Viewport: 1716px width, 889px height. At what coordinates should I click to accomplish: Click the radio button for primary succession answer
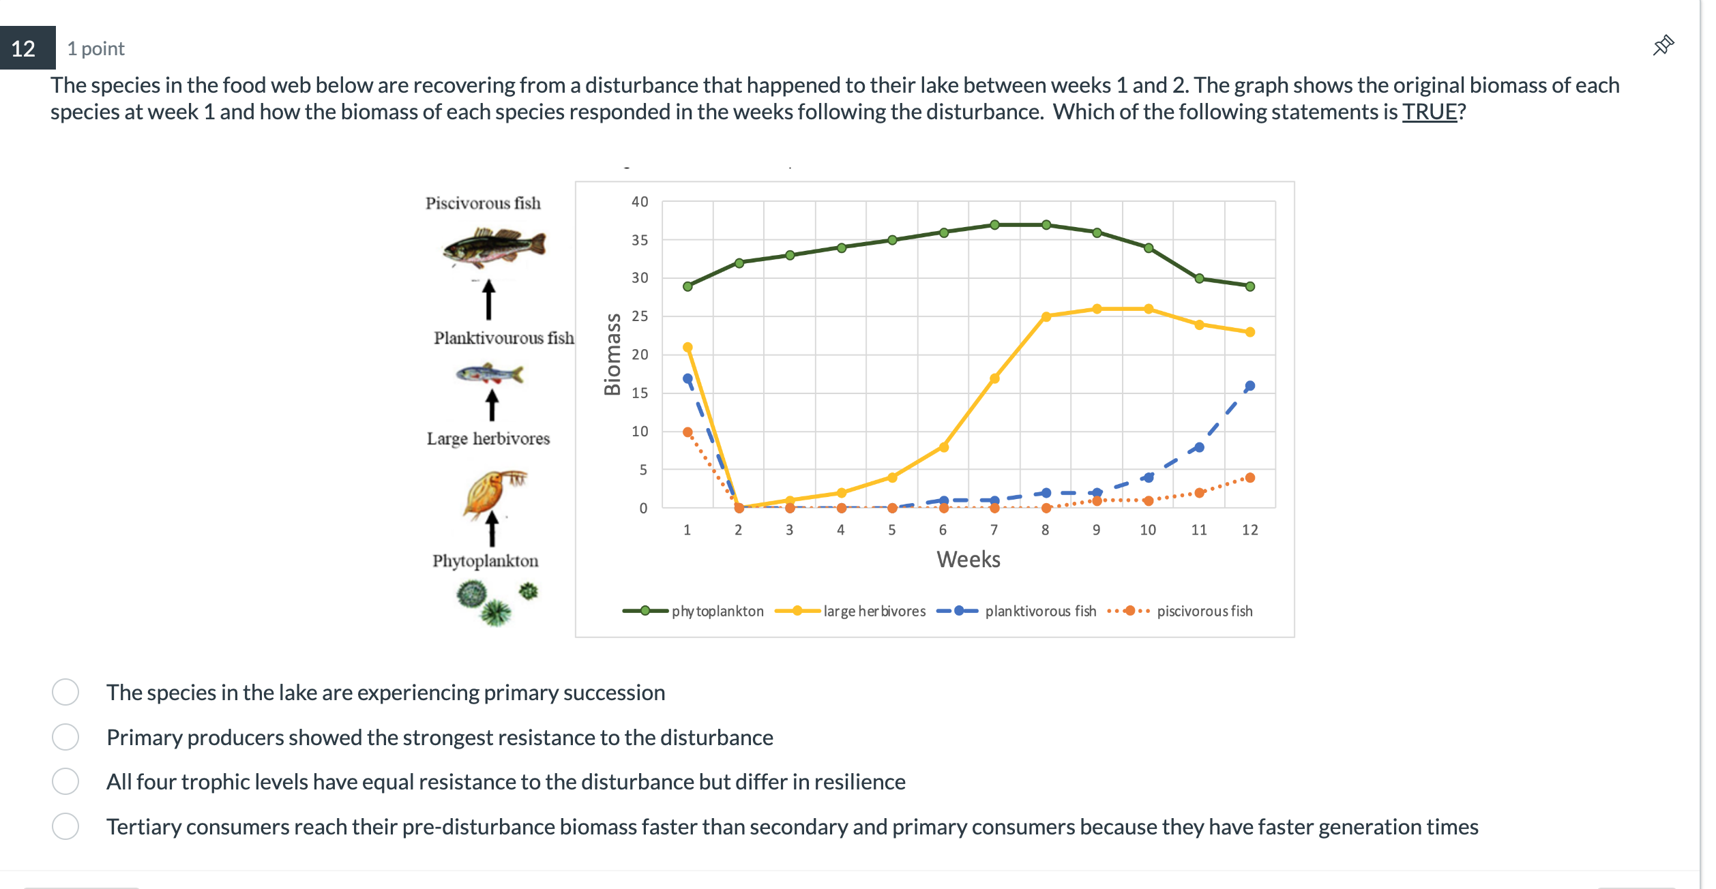tap(65, 692)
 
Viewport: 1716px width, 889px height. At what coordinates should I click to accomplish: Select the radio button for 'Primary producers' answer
tap(65, 737)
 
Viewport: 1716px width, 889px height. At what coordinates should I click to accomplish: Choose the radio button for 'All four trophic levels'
tap(65, 781)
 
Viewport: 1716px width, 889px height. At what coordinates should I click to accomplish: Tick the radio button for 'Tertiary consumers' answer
tap(65, 826)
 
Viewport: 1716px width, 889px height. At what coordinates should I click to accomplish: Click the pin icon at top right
tap(1663, 46)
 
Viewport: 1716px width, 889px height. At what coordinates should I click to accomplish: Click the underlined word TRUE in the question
tap(1429, 112)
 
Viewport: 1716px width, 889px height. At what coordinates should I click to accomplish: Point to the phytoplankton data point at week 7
tap(994, 225)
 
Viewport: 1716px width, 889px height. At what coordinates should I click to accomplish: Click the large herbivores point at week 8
tap(1046, 316)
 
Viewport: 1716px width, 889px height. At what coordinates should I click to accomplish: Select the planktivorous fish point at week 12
tap(1249, 386)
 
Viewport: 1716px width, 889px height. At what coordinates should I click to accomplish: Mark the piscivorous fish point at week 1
tap(687, 432)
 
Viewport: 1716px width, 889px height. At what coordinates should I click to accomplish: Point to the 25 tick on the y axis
tap(639, 316)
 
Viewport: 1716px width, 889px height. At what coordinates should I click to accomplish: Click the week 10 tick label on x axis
tap(1147, 530)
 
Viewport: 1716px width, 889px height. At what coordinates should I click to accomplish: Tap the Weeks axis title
tap(968, 560)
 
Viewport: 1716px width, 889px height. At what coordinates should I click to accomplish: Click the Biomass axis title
tap(612, 355)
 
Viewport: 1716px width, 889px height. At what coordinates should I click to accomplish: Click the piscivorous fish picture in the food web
tap(494, 247)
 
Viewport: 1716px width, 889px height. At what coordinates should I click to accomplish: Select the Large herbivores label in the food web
tap(488, 438)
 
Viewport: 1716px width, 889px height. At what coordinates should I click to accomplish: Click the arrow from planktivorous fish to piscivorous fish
tap(488, 300)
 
